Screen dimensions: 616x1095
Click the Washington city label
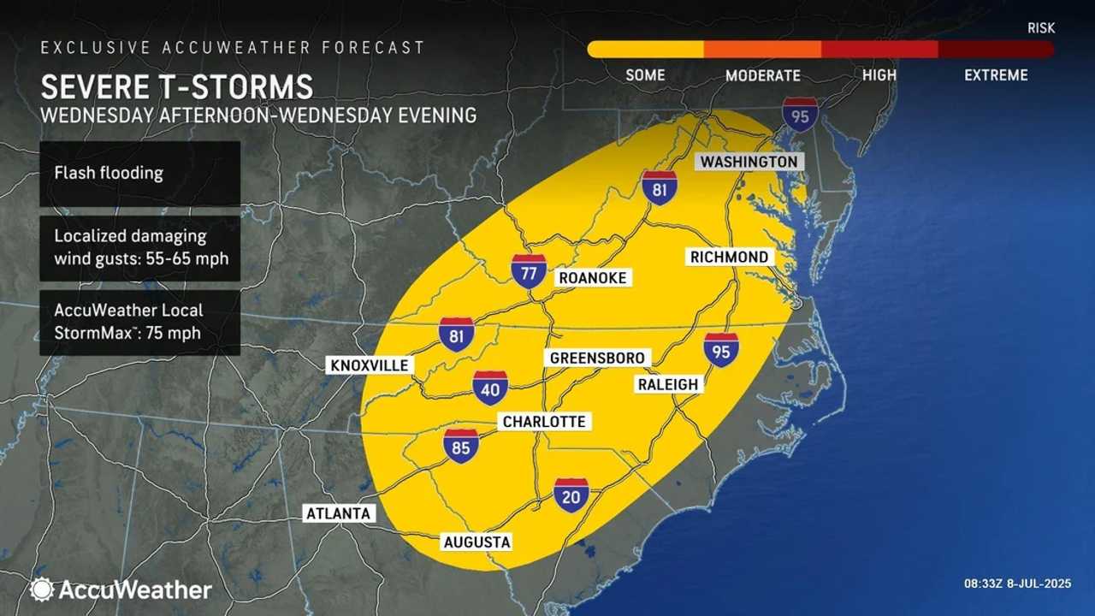pyautogui.click(x=749, y=162)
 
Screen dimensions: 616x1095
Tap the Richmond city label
pyautogui.click(x=731, y=257)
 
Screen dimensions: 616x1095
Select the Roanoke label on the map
pyautogui.click(x=592, y=278)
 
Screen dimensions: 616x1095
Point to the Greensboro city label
pyautogui.click(x=597, y=358)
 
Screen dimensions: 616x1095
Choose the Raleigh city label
pyautogui.click(x=668, y=384)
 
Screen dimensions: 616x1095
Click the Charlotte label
pyautogui.click(x=544, y=422)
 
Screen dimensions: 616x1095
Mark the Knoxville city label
pyautogui.click(x=370, y=365)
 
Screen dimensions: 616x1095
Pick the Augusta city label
pyautogui.click(x=476, y=542)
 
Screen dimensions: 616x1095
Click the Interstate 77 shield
pyautogui.click(x=529, y=270)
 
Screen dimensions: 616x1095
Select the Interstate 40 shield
pyautogui.click(x=490, y=388)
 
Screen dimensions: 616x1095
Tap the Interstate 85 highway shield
pyautogui.click(x=461, y=446)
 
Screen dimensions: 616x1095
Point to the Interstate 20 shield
pyautogui.click(x=571, y=495)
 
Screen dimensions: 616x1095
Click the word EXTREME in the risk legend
pyautogui.click(x=996, y=75)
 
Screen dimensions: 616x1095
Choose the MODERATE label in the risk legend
pyautogui.click(x=762, y=75)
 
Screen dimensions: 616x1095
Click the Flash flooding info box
pyautogui.click(x=139, y=174)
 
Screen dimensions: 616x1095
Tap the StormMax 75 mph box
pyautogui.click(x=139, y=322)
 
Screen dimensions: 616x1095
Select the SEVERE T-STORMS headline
pyautogui.click(x=177, y=87)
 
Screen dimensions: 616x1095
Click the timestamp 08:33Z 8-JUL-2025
pyautogui.click(x=1018, y=583)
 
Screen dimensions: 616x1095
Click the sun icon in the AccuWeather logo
pyautogui.click(x=41, y=589)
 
